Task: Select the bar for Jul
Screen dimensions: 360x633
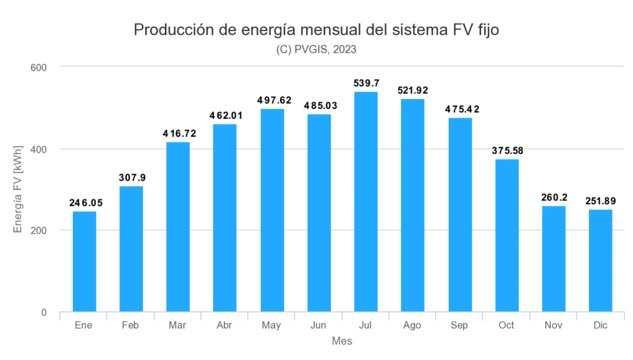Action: tap(365, 202)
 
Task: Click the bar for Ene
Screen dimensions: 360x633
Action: tap(84, 262)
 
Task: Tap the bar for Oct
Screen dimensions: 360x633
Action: tap(506, 235)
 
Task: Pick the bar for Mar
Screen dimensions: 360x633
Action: tap(178, 227)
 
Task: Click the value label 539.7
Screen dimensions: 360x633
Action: tap(365, 83)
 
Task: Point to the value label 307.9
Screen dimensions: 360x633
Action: tap(131, 178)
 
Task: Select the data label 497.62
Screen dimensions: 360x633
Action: tap(272, 100)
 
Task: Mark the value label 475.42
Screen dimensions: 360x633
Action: tap(459, 109)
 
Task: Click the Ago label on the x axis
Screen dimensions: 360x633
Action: tap(412, 325)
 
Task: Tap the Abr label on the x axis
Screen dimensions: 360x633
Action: tap(225, 325)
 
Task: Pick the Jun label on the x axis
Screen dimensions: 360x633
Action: tap(318, 325)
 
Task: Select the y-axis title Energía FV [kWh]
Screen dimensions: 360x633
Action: tap(19, 189)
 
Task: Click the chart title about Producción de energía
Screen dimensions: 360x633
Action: tap(316, 30)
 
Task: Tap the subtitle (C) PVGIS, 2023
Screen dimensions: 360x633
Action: tap(316, 50)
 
